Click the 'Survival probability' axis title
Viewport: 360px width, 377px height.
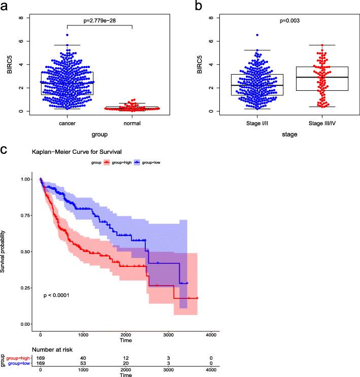pos(4,251)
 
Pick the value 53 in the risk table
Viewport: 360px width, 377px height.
pos(83,363)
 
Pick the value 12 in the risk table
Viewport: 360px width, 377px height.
pos(125,358)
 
